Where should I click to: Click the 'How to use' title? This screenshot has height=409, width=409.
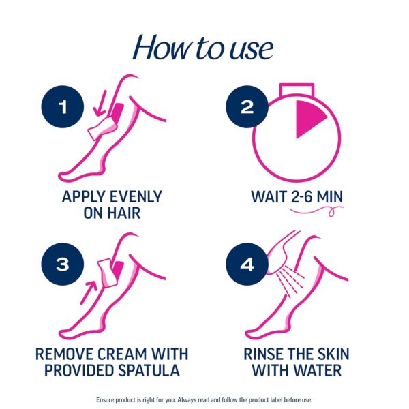tap(203, 48)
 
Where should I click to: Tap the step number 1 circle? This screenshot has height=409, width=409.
tap(63, 107)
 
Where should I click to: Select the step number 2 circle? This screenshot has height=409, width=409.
tap(247, 107)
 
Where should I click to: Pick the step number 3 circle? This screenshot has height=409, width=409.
tap(63, 264)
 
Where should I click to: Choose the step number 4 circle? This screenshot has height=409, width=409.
tap(247, 264)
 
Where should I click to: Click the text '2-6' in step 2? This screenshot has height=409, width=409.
tap(299, 197)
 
